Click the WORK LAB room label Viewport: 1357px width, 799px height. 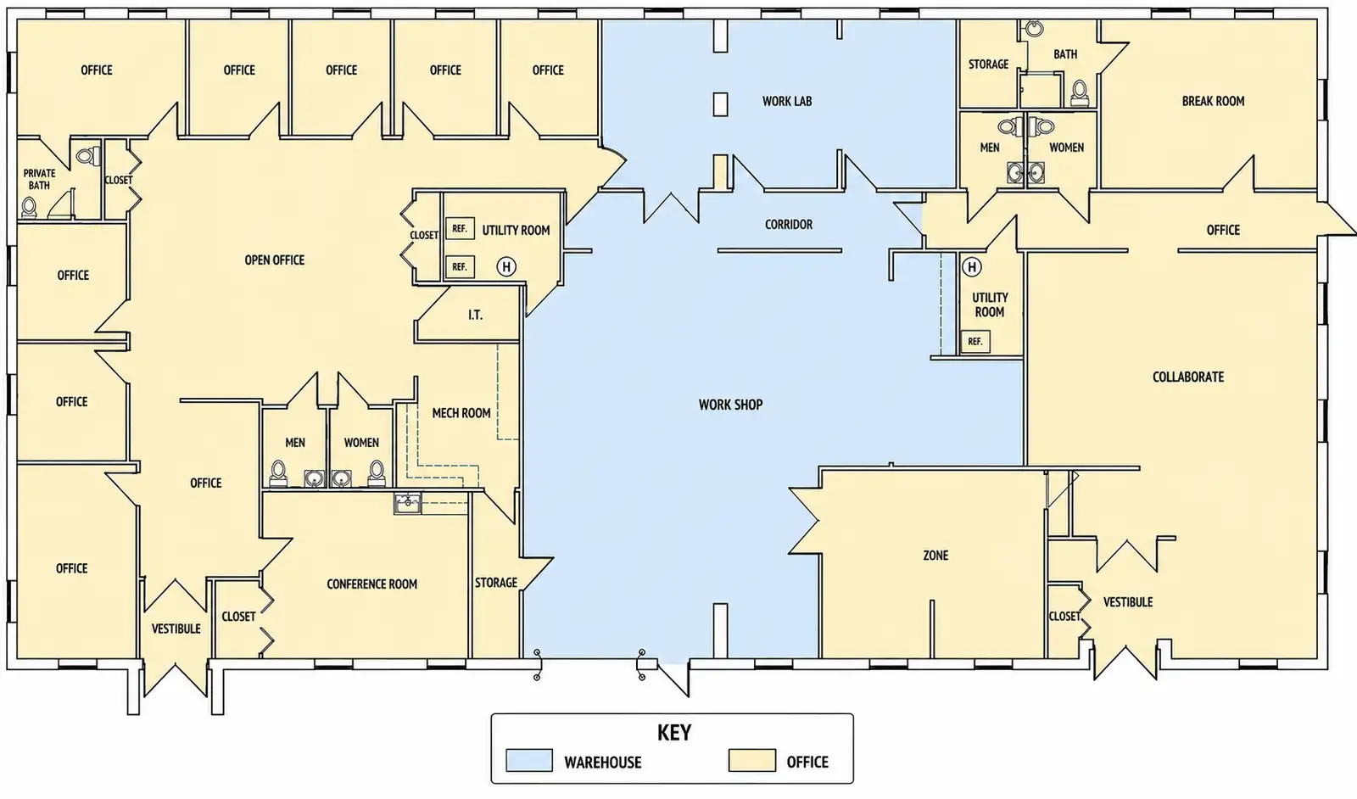pyautogui.click(x=787, y=101)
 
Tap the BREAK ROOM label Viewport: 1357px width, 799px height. pyautogui.click(x=1213, y=101)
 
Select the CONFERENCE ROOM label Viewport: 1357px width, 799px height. pyautogui.click(x=372, y=584)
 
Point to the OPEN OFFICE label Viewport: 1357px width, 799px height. pyautogui.click(x=275, y=260)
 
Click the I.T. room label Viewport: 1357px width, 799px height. pyautogui.click(x=475, y=315)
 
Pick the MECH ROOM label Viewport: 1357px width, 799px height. pyautogui.click(x=461, y=413)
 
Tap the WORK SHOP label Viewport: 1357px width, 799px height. pyautogui.click(x=730, y=405)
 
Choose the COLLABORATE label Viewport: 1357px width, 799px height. pyautogui.click(x=1188, y=377)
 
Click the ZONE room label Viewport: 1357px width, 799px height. pyautogui.click(x=935, y=555)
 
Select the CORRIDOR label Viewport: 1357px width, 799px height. pyautogui.click(x=788, y=224)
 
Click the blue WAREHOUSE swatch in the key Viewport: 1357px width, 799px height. pyautogui.click(x=529, y=760)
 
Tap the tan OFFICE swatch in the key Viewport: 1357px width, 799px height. pyautogui.click(x=751, y=760)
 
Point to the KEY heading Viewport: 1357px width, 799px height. pyautogui.click(x=673, y=732)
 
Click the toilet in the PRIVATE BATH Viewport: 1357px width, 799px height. pyautogui.click(x=29, y=207)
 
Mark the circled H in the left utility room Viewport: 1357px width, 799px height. pyautogui.click(x=506, y=266)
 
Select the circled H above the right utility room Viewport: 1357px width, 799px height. pyautogui.click(x=972, y=267)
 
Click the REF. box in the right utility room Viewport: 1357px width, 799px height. pyautogui.click(x=974, y=342)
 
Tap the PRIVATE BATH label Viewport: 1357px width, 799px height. pyautogui.click(x=39, y=179)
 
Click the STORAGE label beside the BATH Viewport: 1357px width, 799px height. pyautogui.click(x=988, y=64)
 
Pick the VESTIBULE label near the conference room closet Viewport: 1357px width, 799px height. pyautogui.click(x=176, y=629)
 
